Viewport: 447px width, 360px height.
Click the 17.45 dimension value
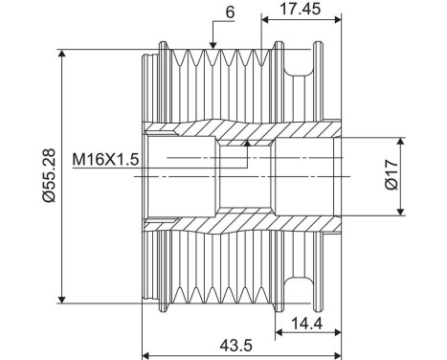point(300,9)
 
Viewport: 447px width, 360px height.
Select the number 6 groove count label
point(230,12)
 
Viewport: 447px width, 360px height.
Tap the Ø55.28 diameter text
point(50,176)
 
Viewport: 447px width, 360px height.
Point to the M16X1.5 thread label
point(105,159)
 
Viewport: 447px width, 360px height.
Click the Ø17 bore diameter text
point(391,175)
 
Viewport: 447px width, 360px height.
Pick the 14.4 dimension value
point(307,324)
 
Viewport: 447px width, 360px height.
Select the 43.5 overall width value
point(235,345)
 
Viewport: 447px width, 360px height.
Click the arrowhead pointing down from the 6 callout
point(213,45)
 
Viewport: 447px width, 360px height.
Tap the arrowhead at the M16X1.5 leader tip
point(247,143)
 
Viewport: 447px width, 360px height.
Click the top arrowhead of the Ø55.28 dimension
point(62,54)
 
